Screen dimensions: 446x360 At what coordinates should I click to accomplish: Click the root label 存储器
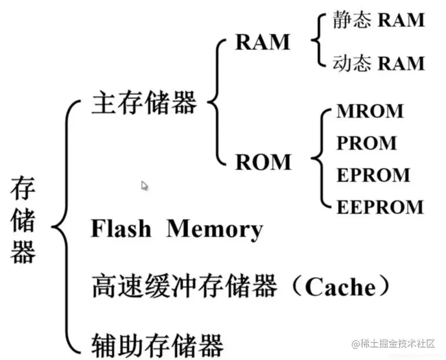pyautogui.click(x=23, y=219)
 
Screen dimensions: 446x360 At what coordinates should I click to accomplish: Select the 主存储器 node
pyautogui.click(x=144, y=102)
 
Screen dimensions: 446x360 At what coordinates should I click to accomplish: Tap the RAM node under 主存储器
pyautogui.click(x=263, y=43)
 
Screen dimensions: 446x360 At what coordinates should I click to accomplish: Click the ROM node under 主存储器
pyautogui.click(x=263, y=162)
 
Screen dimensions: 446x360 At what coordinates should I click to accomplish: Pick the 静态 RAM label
pyautogui.click(x=379, y=20)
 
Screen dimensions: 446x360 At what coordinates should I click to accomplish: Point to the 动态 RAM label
pyautogui.click(x=379, y=63)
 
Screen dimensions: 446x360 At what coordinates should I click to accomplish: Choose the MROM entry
pyautogui.click(x=370, y=111)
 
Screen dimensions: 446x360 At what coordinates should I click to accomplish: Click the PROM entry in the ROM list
pyautogui.click(x=366, y=143)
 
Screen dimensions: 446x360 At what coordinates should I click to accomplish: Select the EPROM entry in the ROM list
pyautogui.click(x=373, y=175)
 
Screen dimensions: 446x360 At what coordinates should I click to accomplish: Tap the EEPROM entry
pyautogui.click(x=380, y=207)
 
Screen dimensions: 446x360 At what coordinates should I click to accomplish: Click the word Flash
pyautogui.click(x=121, y=228)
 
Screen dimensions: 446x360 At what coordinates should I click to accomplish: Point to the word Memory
pyautogui.click(x=215, y=230)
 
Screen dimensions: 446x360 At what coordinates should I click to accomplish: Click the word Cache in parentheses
pyautogui.click(x=340, y=287)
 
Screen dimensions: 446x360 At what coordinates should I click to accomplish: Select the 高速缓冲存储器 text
pyautogui.click(x=184, y=286)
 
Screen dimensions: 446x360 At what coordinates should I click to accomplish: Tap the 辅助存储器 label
pyautogui.click(x=157, y=346)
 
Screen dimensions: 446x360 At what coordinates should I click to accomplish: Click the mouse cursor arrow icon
pyautogui.click(x=145, y=186)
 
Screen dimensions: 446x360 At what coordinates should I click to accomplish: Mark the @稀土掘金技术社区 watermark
pyautogui.click(x=393, y=344)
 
